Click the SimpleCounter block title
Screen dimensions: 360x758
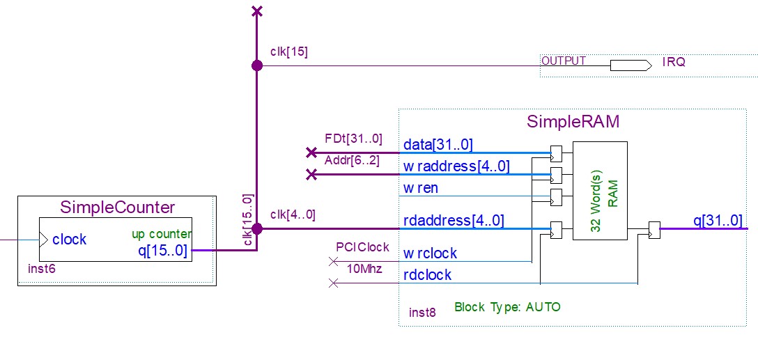[117, 208]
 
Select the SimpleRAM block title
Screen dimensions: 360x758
[573, 123]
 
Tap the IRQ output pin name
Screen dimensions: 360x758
[674, 62]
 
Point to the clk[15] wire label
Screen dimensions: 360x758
[288, 52]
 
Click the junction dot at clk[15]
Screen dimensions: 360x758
[257, 65]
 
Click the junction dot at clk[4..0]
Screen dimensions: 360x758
[257, 228]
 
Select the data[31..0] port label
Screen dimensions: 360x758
[438, 145]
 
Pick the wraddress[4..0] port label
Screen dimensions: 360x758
[456, 166]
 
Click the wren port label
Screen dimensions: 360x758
[420, 188]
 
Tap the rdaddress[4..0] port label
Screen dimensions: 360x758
[454, 221]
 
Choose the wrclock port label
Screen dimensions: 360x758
[430, 253]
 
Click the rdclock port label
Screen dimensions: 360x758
[427, 275]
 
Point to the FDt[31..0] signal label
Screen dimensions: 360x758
[353, 139]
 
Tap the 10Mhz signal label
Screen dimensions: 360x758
[365, 269]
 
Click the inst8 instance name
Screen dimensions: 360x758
[422, 313]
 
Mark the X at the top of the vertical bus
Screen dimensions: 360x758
[257, 10]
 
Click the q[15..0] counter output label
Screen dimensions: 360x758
[162, 250]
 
